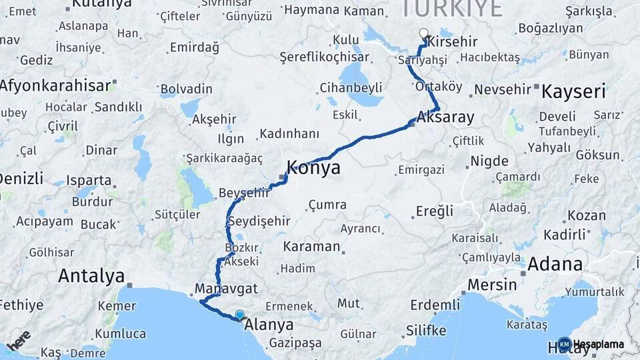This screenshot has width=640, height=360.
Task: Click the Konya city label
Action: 313,167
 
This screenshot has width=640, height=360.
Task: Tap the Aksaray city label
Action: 445,118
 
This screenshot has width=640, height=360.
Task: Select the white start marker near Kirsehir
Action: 423,33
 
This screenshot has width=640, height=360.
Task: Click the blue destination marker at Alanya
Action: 239,315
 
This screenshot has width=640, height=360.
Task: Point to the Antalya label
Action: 91,276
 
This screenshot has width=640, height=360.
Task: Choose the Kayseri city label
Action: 573,91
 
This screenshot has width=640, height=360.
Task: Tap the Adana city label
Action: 555,264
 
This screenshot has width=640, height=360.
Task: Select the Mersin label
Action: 492,285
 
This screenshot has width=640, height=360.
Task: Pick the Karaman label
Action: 311,246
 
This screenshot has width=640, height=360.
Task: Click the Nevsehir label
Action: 502,89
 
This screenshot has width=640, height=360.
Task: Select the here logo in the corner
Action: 20,340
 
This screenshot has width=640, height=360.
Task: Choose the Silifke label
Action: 425,331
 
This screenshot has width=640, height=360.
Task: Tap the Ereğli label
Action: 435,211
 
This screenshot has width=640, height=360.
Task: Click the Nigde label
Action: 489,161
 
